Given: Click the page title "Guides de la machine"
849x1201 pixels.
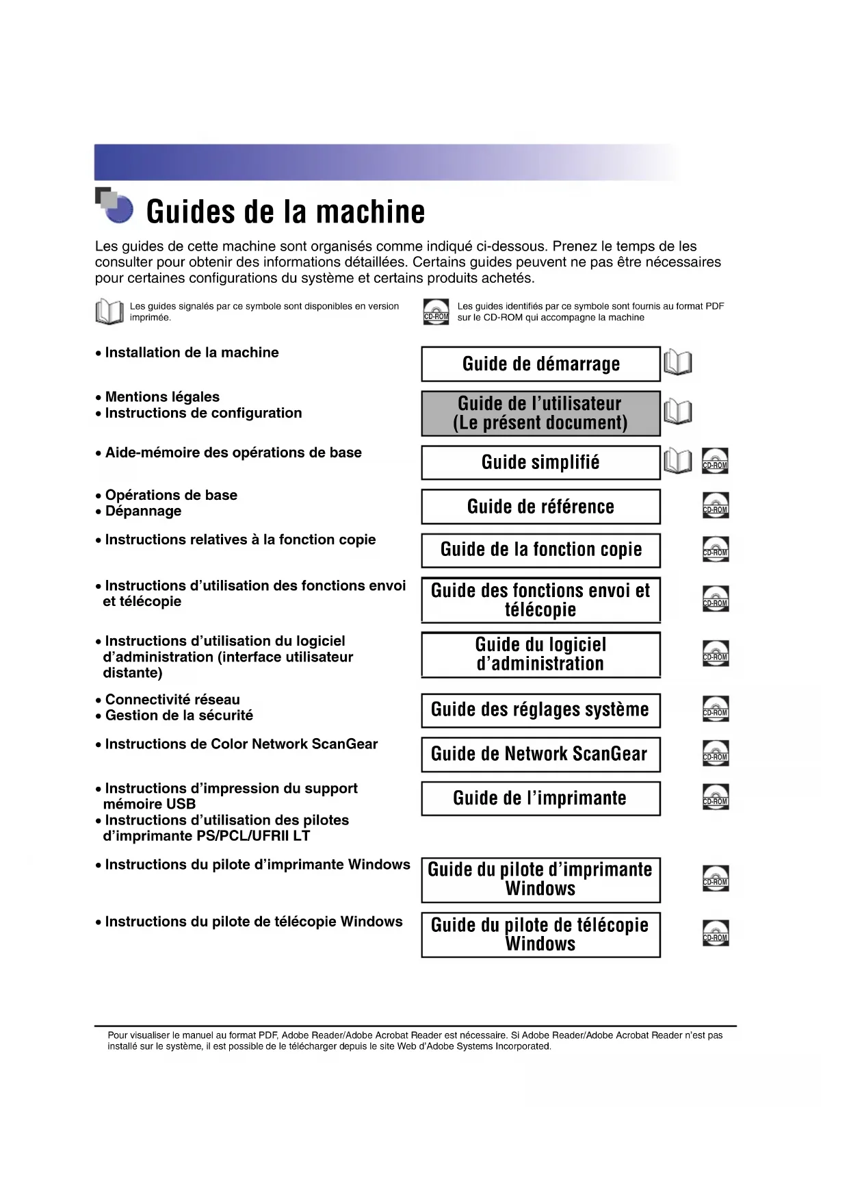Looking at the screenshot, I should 285,212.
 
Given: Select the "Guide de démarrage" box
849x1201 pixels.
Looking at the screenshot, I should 540,364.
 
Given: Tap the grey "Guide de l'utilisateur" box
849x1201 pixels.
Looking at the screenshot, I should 540,414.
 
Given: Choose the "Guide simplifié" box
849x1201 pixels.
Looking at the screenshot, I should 540,462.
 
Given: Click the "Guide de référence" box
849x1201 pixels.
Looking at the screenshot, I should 540,507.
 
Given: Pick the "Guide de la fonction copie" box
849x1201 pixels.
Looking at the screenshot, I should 540,550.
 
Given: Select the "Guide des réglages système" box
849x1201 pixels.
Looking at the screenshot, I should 540,709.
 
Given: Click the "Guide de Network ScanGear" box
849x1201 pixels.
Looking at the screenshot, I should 540,754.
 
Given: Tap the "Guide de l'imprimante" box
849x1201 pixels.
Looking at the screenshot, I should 540,798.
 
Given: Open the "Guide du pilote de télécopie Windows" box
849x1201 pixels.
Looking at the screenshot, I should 540,935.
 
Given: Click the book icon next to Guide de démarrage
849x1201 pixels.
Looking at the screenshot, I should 678,363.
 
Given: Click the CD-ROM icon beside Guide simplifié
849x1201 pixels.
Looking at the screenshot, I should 715,461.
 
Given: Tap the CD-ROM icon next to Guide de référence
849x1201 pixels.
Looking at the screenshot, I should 715,505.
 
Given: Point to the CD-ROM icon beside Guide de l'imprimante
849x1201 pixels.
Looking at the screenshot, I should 715,797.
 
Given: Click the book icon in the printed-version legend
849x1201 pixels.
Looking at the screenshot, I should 109,312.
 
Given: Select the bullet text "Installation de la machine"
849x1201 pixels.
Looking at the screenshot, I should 192,353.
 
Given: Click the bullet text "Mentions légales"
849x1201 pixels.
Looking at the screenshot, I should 162,397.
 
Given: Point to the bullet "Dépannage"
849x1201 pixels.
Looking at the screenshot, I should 143,511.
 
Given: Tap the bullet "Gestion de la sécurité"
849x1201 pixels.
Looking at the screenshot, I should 179,716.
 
